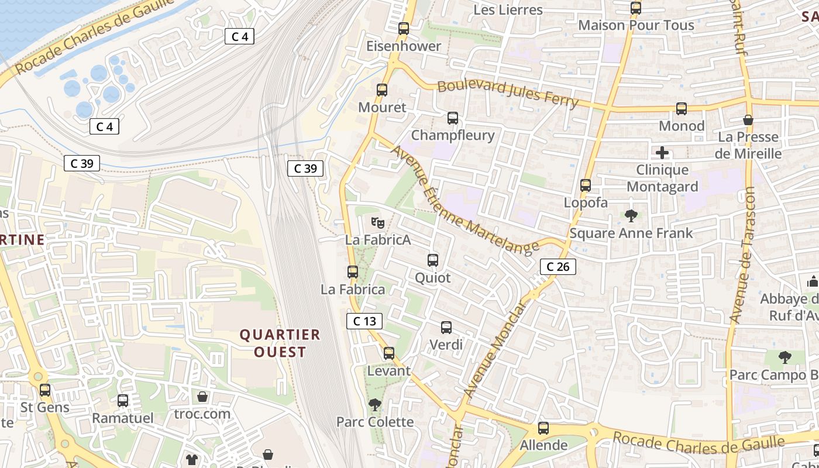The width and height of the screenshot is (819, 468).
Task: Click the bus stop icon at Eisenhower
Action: tap(403, 28)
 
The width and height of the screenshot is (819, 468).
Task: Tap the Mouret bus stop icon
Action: tap(382, 90)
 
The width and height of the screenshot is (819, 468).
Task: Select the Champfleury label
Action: tap(453, 135)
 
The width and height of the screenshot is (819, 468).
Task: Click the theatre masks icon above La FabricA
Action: tap(378, 222)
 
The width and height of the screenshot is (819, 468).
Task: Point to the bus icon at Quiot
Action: tap(433, 260)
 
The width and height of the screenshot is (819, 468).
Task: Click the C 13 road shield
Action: tap(364, 321)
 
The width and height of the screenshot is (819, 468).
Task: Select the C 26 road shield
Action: tap(558, 267)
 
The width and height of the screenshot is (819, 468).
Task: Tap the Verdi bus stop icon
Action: tap(446, 328)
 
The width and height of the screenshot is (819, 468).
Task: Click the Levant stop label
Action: tap(389, 371)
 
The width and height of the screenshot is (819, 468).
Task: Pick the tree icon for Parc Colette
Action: tap(374, 404)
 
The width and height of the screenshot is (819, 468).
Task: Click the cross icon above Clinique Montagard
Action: tap(662, 153)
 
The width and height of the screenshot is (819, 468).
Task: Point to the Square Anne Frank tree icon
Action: tap(631, 216)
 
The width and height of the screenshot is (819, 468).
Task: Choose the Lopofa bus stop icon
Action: tap(586, 185)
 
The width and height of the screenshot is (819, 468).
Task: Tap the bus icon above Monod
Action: tap(682, 109)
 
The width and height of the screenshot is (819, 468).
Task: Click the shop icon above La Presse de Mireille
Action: tap(748, 120)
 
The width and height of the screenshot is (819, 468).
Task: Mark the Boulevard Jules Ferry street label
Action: tap(508, 94)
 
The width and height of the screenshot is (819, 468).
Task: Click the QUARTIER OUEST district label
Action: tap(280, 343)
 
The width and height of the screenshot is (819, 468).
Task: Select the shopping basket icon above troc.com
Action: tap(202, 397)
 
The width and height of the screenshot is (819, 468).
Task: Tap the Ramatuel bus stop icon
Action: tap(123, 401)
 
